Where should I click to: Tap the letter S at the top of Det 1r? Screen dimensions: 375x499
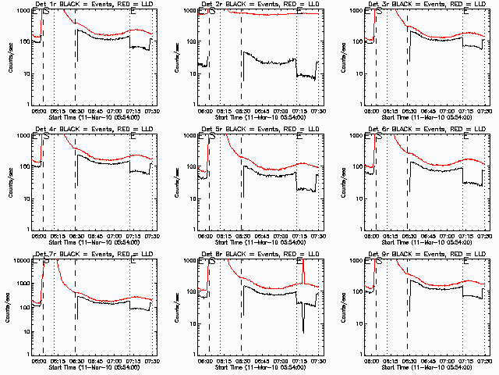point(45,12)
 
